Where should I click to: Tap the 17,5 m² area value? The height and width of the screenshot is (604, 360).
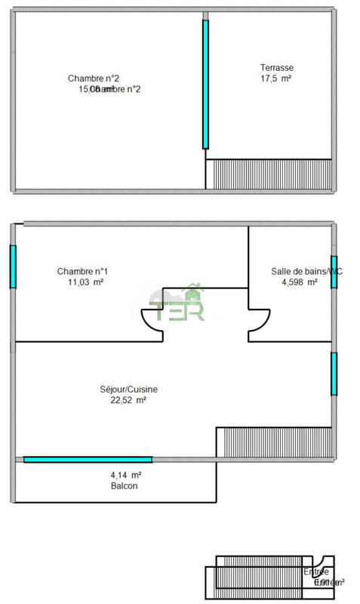pos(276,78)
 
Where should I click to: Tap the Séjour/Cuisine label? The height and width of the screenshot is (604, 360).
pos(128,390)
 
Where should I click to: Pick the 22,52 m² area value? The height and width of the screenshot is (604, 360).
pos(128,400)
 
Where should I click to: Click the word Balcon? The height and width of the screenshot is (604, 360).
pos(124,486)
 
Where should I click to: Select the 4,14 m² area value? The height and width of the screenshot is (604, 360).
pos(126,475)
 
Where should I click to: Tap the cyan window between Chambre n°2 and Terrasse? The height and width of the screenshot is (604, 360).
pos(205,84)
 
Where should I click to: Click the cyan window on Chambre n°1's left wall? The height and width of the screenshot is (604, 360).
pos(12,267)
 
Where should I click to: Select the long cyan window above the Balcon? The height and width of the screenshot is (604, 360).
pos(88,459)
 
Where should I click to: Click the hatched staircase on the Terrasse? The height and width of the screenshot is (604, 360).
pos(269,174)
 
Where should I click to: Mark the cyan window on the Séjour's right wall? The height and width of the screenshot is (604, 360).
pos(333,373)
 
